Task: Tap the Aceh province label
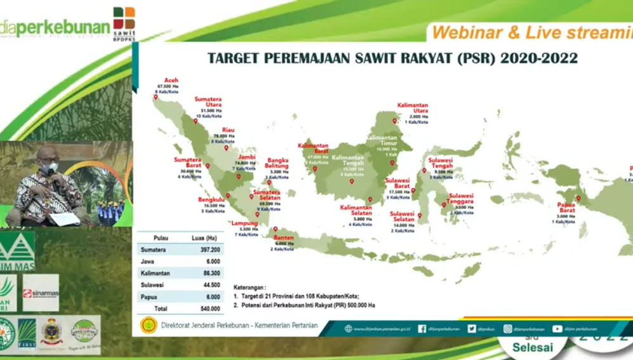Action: [x=171, y=81]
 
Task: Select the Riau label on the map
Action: [x=228, y=130]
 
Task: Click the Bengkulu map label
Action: [x=211, y=199]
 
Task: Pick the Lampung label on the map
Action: [x=244, y=223]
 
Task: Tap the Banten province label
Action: [x=284, y=237]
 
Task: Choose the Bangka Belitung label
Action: [x=277, y=163]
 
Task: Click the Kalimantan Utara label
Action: [x=413, y=108]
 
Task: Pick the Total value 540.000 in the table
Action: [x=211, y=308]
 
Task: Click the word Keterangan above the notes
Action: [x=250, y=287]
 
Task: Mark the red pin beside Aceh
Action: [x=156, y=97]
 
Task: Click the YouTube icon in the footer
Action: [x=557, y=329]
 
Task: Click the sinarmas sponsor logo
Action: [x=41, y=293]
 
